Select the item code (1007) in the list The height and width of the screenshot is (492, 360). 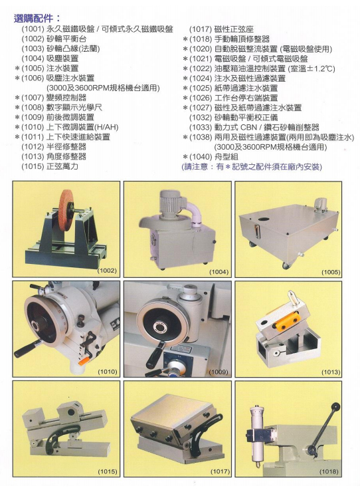33,98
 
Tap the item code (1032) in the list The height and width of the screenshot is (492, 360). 201,118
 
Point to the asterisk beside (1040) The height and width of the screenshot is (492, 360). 185,157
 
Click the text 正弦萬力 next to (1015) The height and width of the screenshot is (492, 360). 62,166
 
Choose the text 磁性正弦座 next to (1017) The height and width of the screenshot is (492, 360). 234,29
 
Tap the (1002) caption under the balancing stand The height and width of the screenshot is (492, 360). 108,271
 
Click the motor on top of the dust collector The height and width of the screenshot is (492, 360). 171,201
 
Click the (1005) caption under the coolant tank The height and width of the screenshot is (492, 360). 331,272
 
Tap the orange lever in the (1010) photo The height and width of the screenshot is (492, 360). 85,361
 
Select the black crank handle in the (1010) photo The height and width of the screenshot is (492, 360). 28,348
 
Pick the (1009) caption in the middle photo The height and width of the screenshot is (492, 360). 219,372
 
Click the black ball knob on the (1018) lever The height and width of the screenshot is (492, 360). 335,406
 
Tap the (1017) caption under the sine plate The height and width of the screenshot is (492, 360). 220,471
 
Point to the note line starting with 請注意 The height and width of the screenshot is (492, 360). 252,167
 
